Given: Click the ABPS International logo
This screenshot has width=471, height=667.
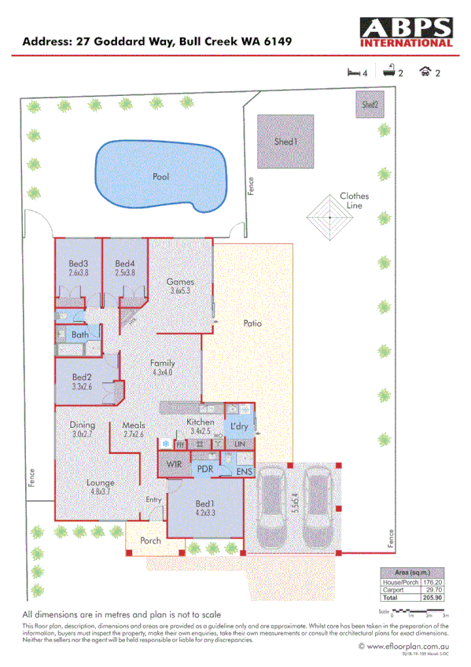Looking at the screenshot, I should pyautogui.click(x=406, y=34).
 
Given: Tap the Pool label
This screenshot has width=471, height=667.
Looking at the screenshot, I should pyautogui.click(x=160, y=177).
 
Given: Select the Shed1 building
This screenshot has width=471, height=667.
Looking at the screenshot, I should pyautogui.click(x=285, y=142).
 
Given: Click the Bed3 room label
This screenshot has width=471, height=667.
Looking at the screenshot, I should pyautogui.click(x=78, y=263).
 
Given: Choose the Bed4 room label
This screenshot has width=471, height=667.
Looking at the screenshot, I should pyautogui.click(x=125, y=263).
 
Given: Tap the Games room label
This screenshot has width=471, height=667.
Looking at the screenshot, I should pyautogui.click(x=180, y=282).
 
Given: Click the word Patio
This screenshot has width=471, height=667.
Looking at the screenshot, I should pyautogui.click(x=252, y=322).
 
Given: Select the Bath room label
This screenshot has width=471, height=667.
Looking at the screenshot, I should pyautogui.click(x=79, y=334).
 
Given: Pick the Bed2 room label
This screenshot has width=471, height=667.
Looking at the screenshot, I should pyautogui.click(x=82, y=377).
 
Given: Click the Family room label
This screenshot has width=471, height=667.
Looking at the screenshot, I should pyautogui.click(x=163, y=363).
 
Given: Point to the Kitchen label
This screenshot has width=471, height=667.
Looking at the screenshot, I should pyautogui.click(x=201, y=422).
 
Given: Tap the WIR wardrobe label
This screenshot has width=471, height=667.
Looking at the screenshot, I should pyautogui.click(x=175, y=464).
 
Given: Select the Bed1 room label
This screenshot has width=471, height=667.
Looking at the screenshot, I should pyautogui.click(x=205, y=503).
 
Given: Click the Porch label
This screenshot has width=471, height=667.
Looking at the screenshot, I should pyautogui.click(x=150, y=541).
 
